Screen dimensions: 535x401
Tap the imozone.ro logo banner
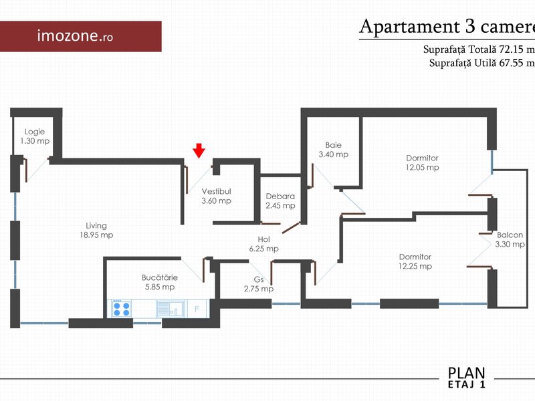tap(80, 37)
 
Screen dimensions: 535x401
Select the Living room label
tap(96, 230)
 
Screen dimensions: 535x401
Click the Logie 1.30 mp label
tap(35, 136)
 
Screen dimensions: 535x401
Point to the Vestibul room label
tap(216, 196)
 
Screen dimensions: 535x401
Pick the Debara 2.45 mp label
tap(280, 201)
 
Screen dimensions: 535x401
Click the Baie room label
tap(333, 150)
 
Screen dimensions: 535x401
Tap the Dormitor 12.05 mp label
tap(423, 162)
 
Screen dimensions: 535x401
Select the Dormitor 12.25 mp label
tap(415, 261)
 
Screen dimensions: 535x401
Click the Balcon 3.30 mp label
tap(510, 240)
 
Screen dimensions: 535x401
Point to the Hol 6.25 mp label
tap(263, 244)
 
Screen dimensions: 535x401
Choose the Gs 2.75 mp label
tap(259, 284)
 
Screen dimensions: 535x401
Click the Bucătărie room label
tap(160, 282)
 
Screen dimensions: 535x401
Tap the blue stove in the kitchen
tap(122, 309)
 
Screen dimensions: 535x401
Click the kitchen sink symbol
tap(171, 309)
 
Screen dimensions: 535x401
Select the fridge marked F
tap(197, 309)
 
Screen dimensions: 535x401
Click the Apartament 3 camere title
tap(447, 27)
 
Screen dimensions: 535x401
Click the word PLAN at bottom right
tap(466, 373)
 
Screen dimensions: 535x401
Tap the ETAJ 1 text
tap(466, 384)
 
